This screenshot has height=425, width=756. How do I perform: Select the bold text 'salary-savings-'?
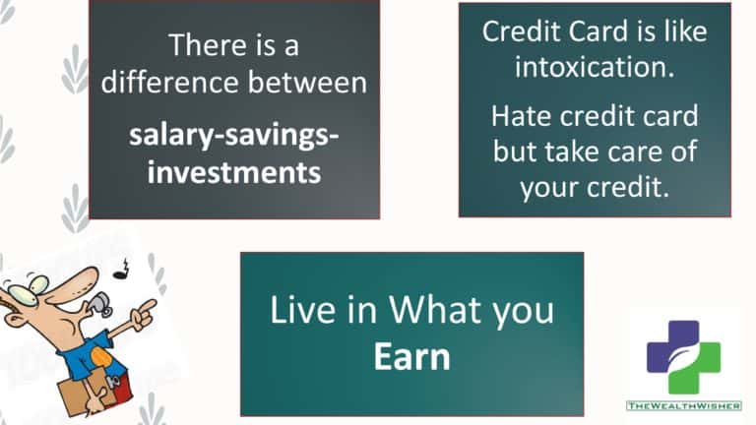234,136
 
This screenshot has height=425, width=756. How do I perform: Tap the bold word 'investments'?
234,172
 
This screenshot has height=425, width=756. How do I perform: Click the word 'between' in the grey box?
307,83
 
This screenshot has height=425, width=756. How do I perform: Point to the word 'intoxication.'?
595,67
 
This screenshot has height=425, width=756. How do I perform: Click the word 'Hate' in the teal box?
521,116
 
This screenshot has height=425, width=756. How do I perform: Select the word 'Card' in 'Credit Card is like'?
598,31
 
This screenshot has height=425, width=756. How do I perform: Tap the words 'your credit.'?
595,188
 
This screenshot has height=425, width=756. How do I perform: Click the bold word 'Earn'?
411,357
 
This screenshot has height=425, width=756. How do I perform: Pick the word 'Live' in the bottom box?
303,310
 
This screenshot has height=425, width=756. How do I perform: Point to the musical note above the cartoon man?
122,270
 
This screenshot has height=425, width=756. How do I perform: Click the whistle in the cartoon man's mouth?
100,303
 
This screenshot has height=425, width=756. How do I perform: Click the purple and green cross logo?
684,357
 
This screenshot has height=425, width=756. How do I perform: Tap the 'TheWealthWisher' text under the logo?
684,406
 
